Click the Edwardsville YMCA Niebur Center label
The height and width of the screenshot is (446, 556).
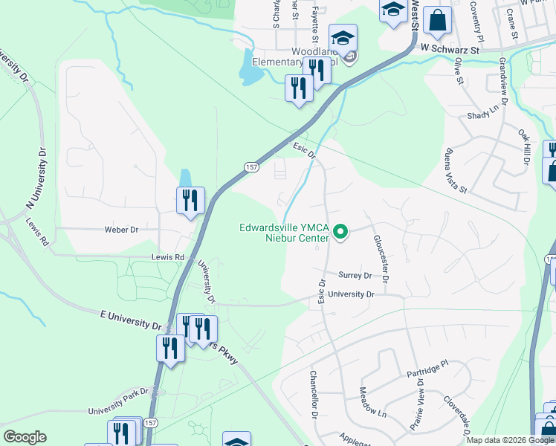pos(283,233)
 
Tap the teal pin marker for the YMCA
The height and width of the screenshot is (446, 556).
pos(341,233)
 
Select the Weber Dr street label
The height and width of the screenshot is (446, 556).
pos(122,230)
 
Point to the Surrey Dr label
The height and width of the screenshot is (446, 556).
pos(355,275)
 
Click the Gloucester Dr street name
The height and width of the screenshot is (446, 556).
pos(381,259)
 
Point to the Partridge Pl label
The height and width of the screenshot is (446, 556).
pos(429,368)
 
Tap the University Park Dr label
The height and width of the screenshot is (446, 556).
pos(114,407)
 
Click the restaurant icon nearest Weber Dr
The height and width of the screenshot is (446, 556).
pos(190,201)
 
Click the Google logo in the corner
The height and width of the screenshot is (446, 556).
pos(25,437)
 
